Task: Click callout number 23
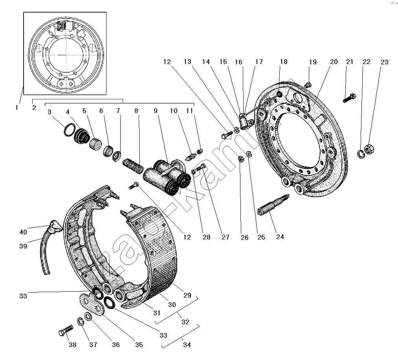[x=384, y=62]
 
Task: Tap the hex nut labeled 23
[x=369, y=150]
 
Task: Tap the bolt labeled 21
[x=349, y=97]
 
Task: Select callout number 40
[x=23, y=232]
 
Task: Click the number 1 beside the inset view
[x=17, y=107]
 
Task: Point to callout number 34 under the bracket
[x=187, y=345]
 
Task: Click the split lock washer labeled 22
[x=361, y=153]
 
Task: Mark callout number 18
[x=284, y=62]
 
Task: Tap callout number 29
[x=187, y=295]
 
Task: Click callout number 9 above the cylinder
[x=156, y=111]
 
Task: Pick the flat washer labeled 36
[x=88, y=316]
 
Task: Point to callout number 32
[x=185, y=322]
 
